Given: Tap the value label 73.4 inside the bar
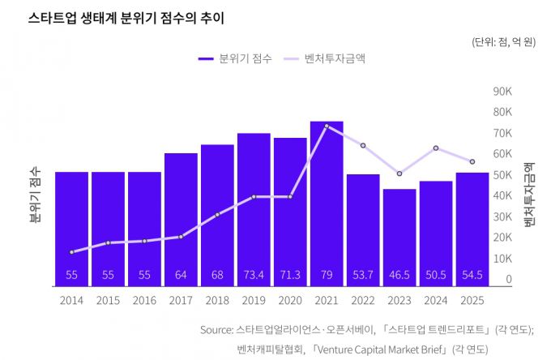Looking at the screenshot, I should click(254, 275).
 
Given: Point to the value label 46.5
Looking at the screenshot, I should click(399, 275).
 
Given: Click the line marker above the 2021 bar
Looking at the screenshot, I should click(327, 126).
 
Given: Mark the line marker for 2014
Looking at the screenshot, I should click(71, 252).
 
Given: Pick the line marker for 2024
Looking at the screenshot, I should click(436, 148).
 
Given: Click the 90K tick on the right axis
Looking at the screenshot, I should click(502, 91).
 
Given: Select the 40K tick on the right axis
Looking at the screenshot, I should click(502, 195).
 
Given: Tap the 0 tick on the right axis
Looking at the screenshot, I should click(509, 279).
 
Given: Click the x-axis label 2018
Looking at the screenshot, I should click(217, 300).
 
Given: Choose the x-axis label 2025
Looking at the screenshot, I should click(472, 300).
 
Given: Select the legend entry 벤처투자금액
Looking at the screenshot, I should click(334, 59).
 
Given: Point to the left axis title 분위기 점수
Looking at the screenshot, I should click(35, 194).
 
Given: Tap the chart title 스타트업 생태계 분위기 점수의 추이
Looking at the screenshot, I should click(126, 17).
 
